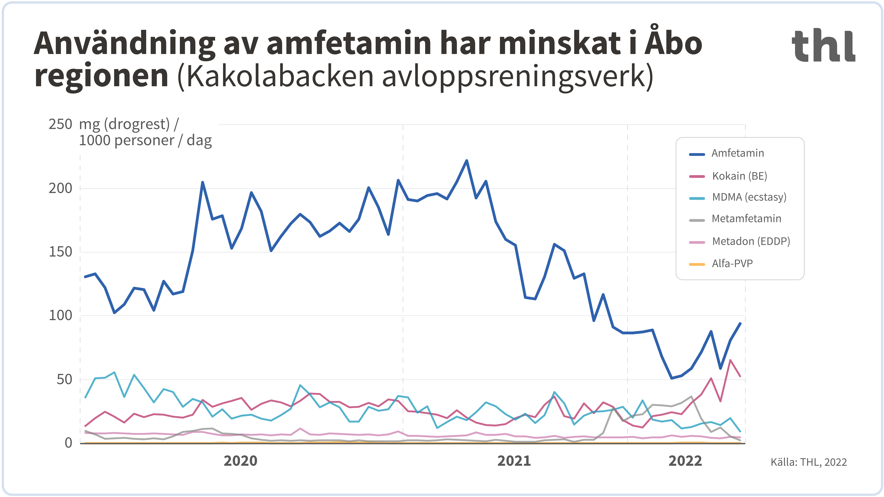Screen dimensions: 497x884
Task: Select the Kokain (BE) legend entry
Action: click(x=739, y=176)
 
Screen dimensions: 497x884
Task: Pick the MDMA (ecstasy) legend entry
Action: click(x=749, y=197)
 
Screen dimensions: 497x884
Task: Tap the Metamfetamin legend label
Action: click(x=746, y=219)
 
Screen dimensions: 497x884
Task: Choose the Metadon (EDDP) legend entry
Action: click(x=751, y=241)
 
